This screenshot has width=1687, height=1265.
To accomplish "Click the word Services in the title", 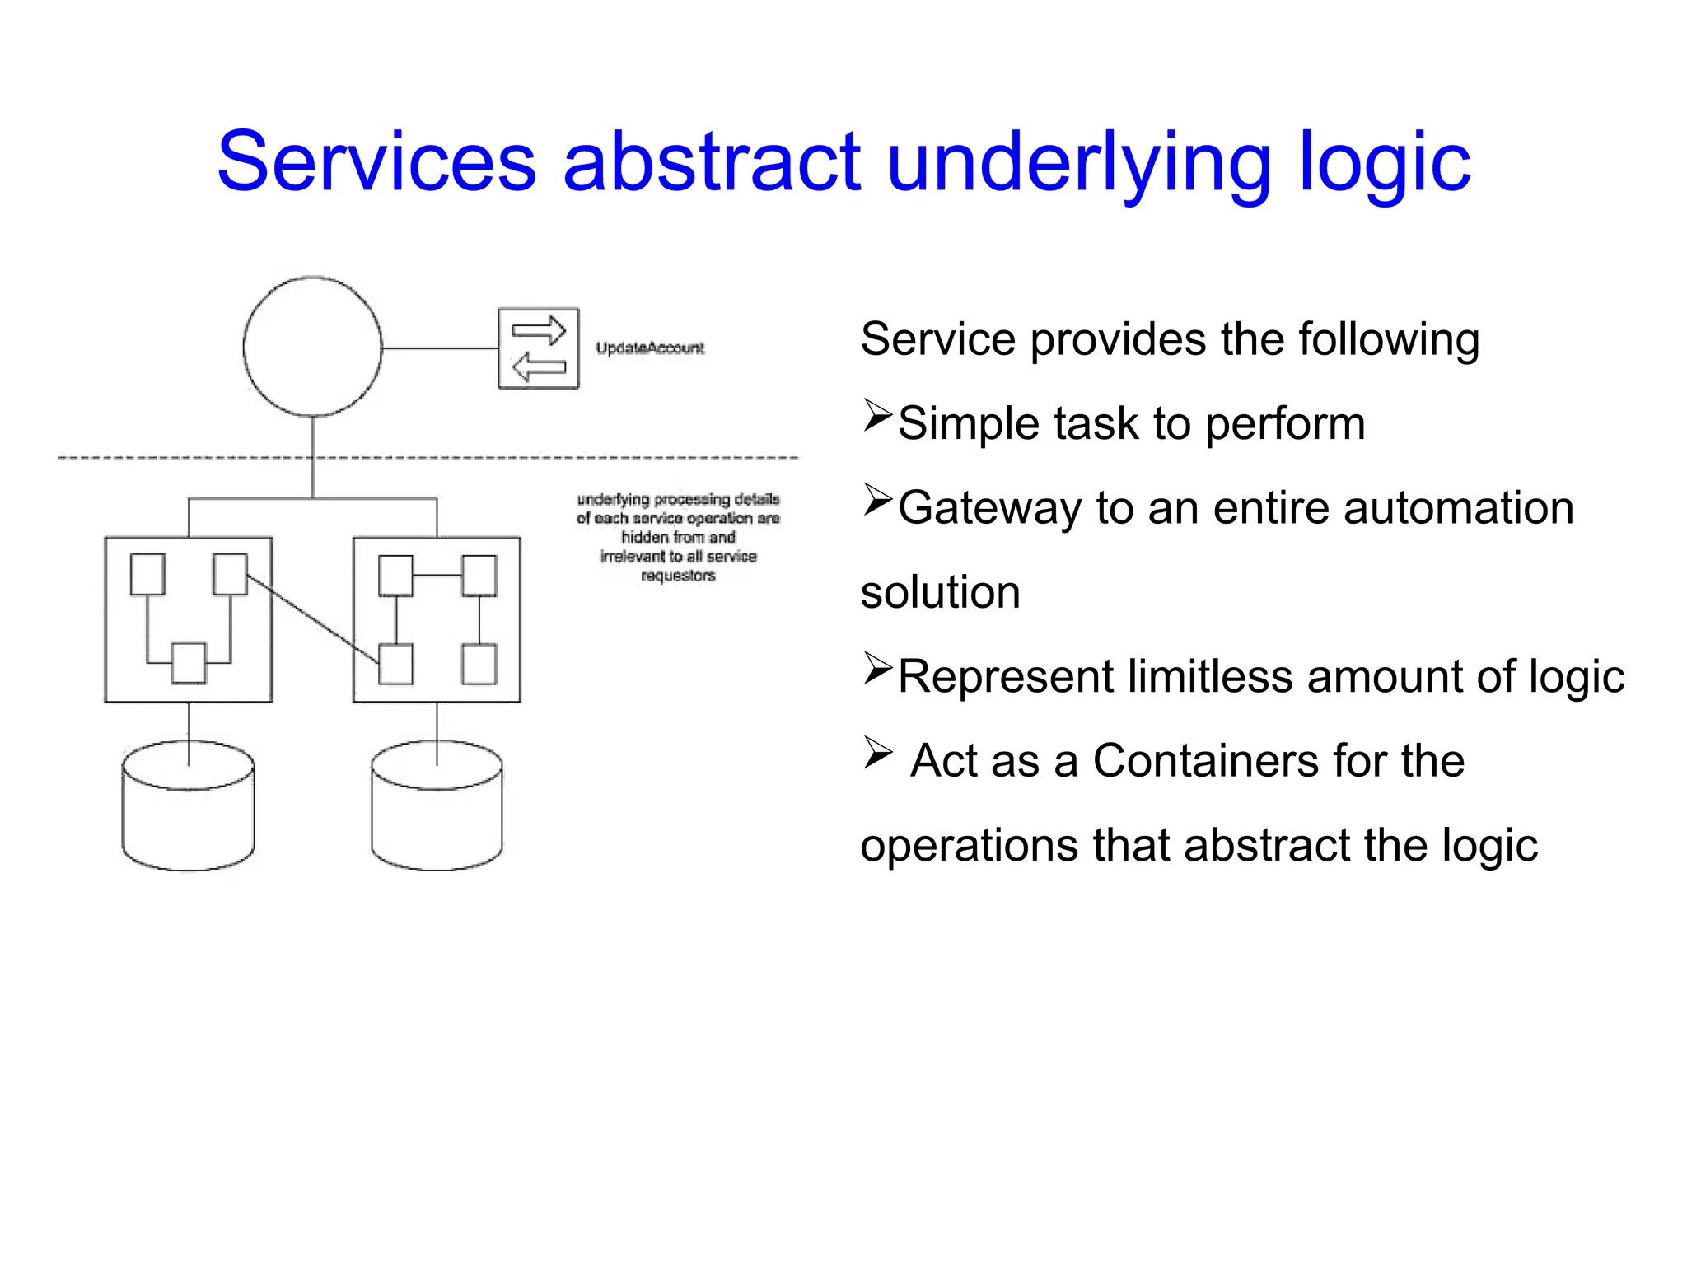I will [x=376, y=162].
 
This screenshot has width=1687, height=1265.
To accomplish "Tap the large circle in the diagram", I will [x=312, y=347].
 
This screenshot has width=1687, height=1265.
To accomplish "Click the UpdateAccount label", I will [x=650, y=348].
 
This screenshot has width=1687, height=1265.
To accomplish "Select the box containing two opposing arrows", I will [x=539, y=348].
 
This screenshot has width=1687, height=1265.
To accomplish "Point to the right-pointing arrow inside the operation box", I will [x=539, y=331].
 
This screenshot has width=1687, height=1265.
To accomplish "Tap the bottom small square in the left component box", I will [x=189, y=663].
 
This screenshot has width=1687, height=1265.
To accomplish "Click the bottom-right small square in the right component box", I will [x=479, y=665].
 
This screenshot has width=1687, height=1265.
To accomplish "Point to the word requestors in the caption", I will [x=678, y=576].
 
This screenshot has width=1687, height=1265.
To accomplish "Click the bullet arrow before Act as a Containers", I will [x=878, y=752].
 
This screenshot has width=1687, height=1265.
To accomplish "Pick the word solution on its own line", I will [x=940, y=593].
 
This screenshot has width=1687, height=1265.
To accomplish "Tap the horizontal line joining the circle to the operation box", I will [x=440, y=348].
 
